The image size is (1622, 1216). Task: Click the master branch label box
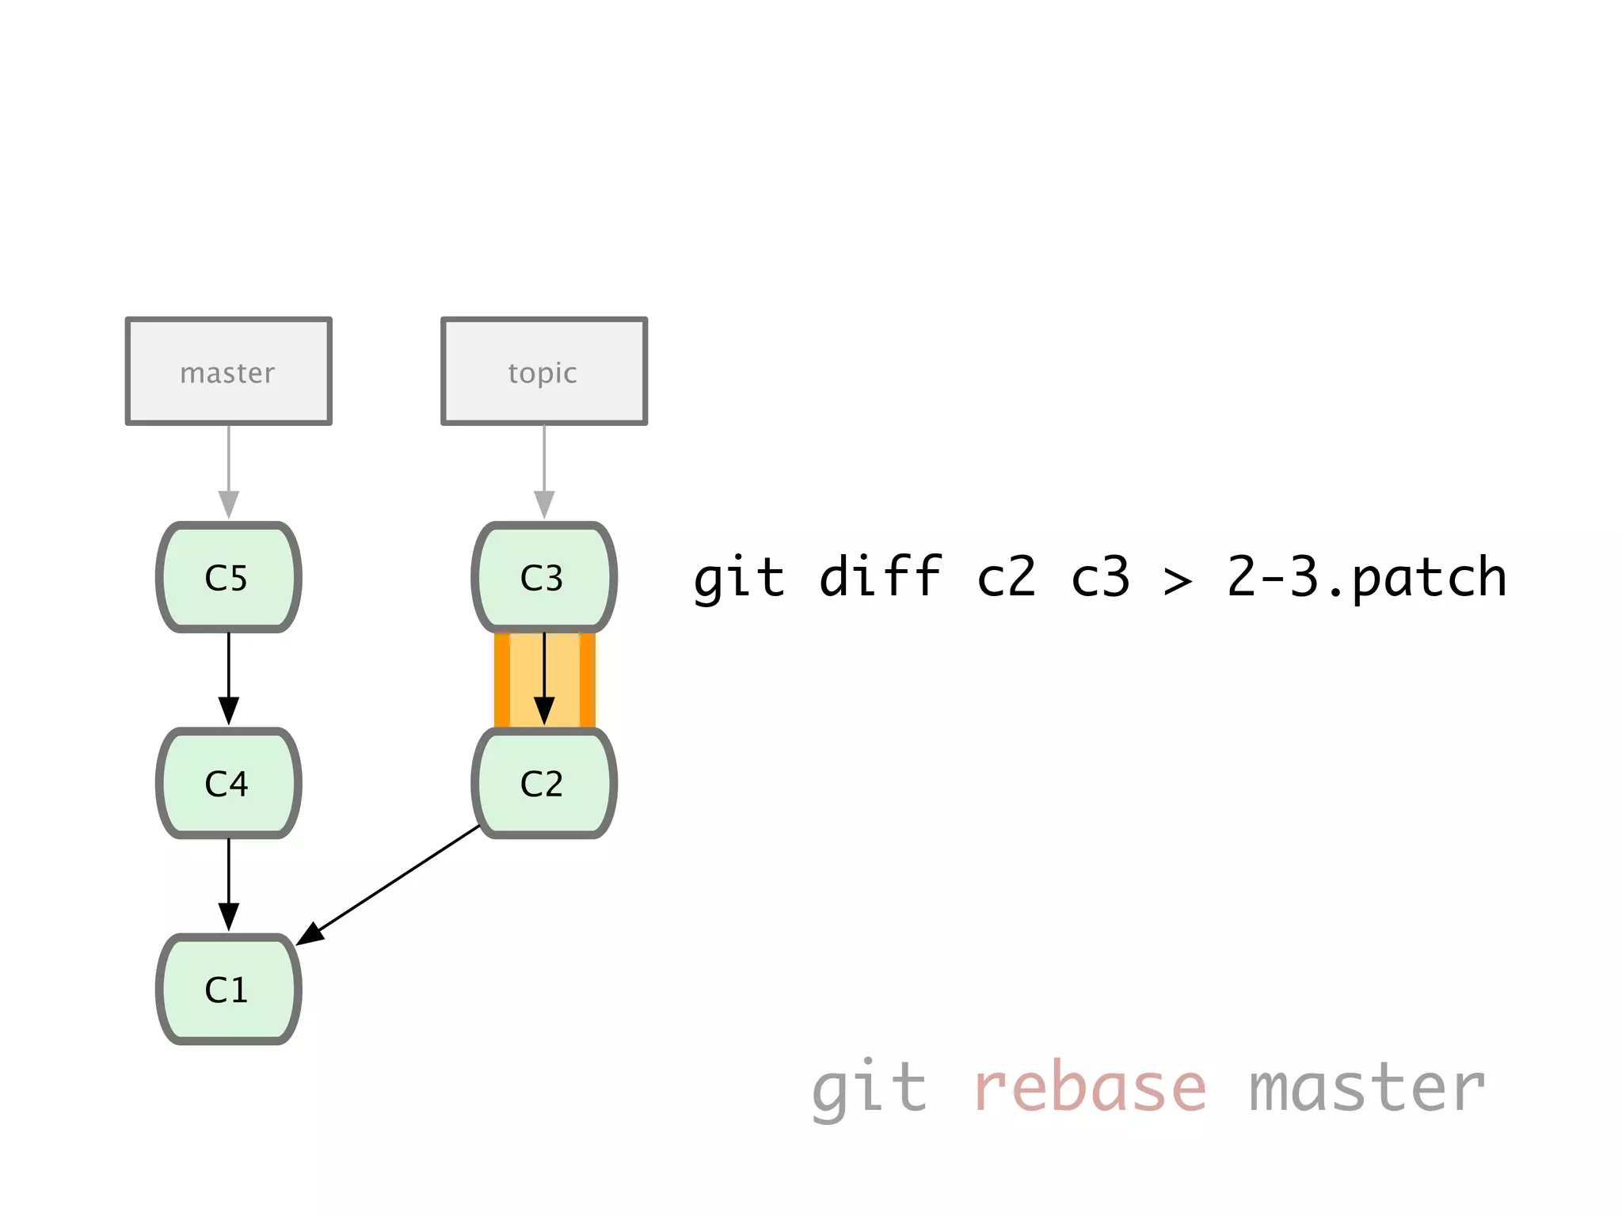coord(228,371)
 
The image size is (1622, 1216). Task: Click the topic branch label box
coord(543,371)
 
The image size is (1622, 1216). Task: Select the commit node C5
coord(228,577)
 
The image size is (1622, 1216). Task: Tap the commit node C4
coord(228,783)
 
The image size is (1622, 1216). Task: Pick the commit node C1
coord(228,989)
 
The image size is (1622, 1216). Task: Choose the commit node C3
coord(543,577)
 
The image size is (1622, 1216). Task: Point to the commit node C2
coord(543,783)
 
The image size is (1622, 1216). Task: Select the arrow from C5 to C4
coord(229,677)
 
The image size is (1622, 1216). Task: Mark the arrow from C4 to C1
coord(229,883)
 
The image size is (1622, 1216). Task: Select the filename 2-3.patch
coord(1366,578)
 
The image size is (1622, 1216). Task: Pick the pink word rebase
coord(1089,1088)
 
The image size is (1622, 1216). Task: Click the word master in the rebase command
coord(1366,1088)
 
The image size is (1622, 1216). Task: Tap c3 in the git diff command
coord(1100,578)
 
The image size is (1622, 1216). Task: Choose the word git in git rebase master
coord(869,1088)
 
